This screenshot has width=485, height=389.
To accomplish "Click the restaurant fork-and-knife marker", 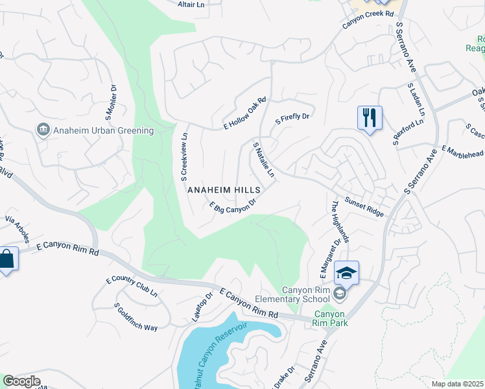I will [370, 118].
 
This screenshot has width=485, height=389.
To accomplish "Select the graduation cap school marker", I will [347, 273].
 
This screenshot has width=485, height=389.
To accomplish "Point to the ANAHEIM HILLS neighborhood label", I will [224, 190].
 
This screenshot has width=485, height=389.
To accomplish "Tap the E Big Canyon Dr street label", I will [233, 206].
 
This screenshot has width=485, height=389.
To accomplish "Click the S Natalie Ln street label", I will [263, 159].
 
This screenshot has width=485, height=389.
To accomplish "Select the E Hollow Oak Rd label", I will [245, 113].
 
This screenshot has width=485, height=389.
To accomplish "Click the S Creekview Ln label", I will [184, 156].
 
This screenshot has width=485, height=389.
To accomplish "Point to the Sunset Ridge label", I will [364, 207].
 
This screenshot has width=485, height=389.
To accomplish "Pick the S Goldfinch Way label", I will [136, 317].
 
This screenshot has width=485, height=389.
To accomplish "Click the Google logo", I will [21, 381].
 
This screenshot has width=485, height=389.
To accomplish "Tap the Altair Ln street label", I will [191, 4].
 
